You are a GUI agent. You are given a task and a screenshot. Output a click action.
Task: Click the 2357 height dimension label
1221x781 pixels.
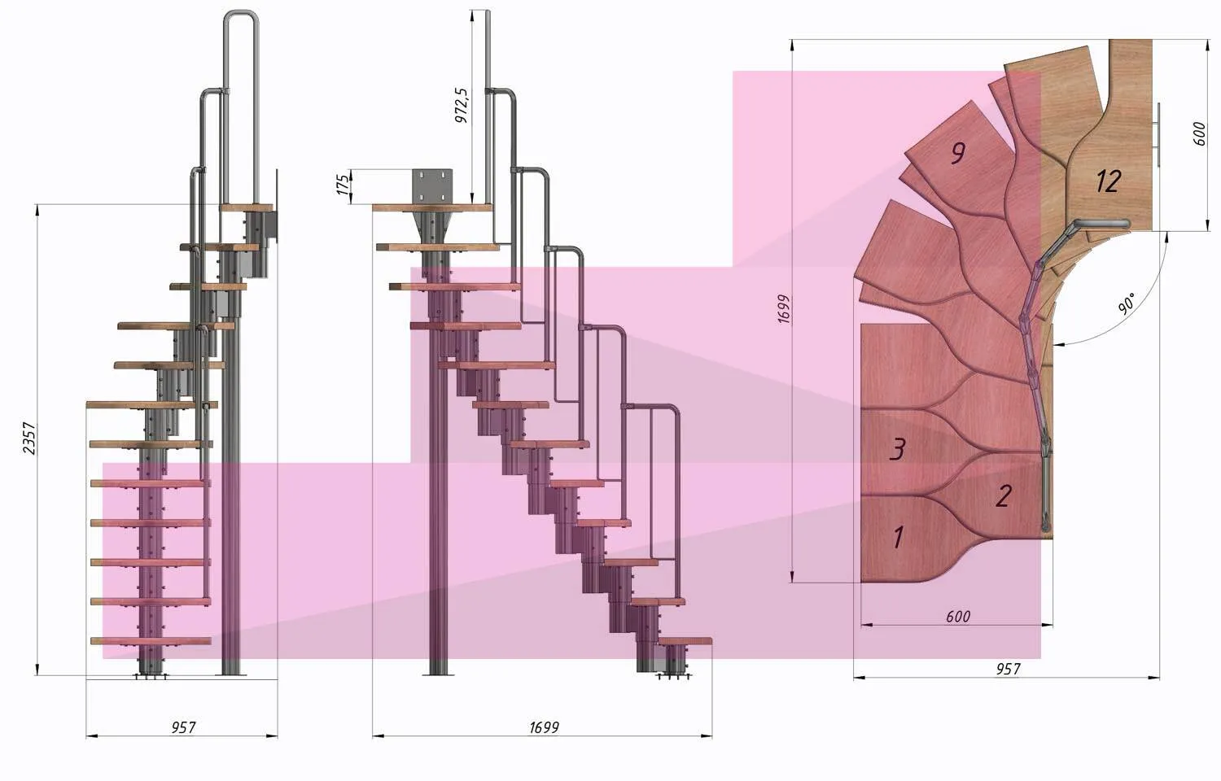coord(29,438)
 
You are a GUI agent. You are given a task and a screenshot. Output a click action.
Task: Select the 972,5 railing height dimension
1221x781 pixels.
coord(462,105)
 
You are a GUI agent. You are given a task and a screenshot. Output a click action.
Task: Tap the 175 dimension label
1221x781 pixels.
coord(343,185)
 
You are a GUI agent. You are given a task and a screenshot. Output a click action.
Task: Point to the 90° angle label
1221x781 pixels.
coord(1126,303)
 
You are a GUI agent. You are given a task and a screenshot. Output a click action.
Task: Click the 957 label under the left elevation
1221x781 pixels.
coord(183,727)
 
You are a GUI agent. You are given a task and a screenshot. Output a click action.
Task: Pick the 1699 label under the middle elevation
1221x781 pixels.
coord(544,727)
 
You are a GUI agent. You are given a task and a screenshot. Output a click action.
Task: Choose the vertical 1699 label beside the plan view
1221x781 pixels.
coord(783,309)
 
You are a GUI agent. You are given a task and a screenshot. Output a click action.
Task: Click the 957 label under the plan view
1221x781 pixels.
coord(1008,669)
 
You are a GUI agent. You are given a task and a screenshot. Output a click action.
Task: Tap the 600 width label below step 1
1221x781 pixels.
coord(958,617)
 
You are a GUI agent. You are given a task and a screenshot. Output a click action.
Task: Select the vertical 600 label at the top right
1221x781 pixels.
coord(1199,133)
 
